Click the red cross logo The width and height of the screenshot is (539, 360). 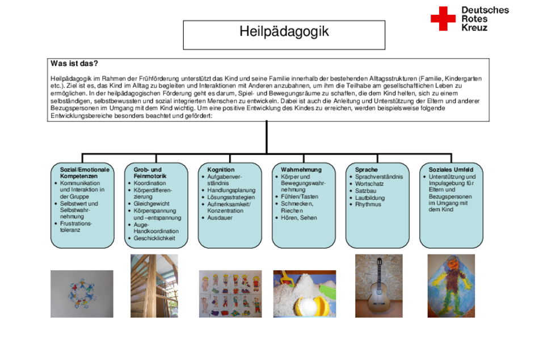coord(443,19)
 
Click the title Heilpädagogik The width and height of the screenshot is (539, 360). coord(284,31)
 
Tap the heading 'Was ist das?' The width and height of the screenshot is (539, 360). coord(74,64)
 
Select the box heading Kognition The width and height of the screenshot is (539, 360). coord(221,170)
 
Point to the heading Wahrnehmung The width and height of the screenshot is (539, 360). coord(301,170)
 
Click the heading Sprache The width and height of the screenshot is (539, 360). coord(366,170)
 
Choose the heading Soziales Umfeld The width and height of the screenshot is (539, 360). coord(450,170)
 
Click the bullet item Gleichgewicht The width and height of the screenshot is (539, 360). coord(151,204)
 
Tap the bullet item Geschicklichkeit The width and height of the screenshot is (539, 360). coord(154,238)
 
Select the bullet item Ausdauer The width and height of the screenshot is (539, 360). coord(220,218)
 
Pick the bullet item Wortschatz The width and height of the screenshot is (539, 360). coord(369,184)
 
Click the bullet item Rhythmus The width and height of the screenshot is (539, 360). coord(368,204)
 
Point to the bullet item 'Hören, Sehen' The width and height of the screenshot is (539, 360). coord(298,218)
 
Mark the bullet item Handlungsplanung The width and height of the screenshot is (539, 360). coord(231,190)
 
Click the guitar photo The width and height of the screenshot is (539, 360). coord(379,286)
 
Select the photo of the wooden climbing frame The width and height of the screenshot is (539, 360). coord(154,286)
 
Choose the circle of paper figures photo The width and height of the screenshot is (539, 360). coord(82,294)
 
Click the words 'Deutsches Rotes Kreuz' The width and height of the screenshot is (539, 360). coord(485,19)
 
